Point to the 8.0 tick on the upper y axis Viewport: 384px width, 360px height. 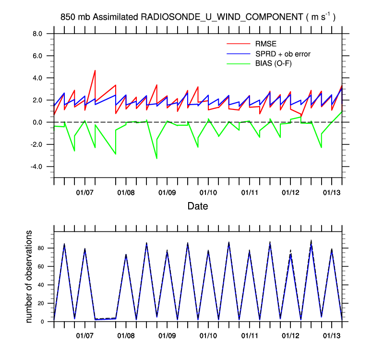[38, 34]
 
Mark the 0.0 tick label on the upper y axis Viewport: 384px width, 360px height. [38, 122]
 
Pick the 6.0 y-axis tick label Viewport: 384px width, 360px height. [38, 56]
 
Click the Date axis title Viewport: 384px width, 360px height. [198, 206]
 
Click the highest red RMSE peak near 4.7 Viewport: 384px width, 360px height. [95, 71]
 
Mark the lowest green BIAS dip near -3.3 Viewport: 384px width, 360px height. [156, 158]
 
